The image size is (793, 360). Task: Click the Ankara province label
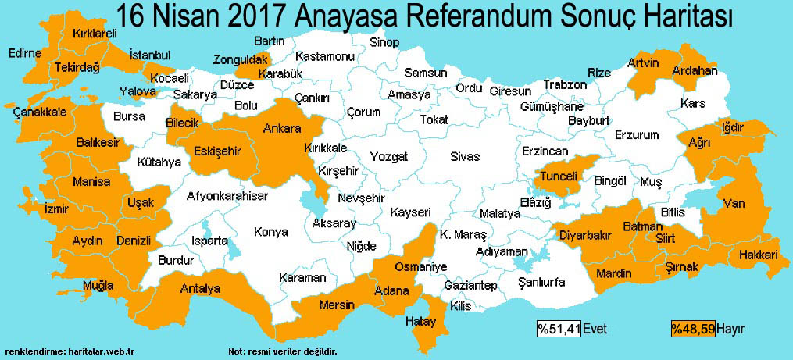[x=281, y=128]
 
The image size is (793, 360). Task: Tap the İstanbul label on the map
[x=149, y=55]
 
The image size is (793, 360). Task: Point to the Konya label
[x=270, y=232]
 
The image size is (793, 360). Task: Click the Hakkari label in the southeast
[x=759, y=255]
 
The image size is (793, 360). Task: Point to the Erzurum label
[x=637, y=135]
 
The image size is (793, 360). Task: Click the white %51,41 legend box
[x=558, y=329]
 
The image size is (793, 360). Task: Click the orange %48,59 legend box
[x=693, y=329]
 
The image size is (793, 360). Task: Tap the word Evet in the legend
[x=595, y=329]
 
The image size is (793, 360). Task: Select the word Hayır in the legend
[x=730, y=329]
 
